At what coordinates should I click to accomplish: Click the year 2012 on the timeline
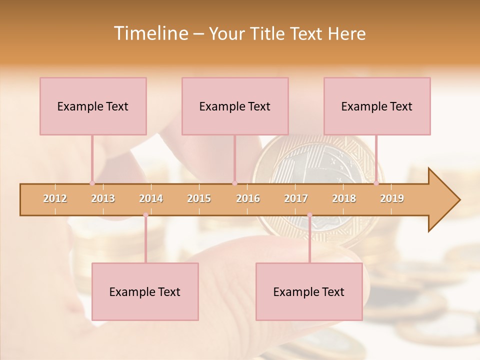(x=55, y=198)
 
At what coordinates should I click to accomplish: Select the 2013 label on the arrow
(x=103, y=198)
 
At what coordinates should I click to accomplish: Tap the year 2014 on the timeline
(x=151, y=198)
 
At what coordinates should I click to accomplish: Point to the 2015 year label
(x=199, y=198)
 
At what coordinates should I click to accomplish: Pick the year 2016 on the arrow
(x=248, y=198)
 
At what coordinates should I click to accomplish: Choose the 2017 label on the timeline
(x=296, y=198)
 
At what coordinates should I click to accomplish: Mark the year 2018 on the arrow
(x=344, y=198)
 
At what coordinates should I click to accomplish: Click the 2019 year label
(x=392, y=198)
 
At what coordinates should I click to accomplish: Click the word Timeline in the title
(x=150, y=33)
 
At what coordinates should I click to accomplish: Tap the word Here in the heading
(x=346, y=33)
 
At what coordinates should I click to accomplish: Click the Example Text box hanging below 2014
(x=145, y=291)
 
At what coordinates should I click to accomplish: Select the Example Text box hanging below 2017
(x=309, y=291)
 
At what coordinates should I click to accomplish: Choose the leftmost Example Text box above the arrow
(x=93, y=106)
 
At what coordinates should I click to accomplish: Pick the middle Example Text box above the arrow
(x=235, y=106)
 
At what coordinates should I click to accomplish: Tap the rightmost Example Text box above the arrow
(x=377, y=106)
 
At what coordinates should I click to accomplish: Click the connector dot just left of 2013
(x=92, y=183)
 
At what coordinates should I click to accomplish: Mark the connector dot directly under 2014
(x=145, y=215)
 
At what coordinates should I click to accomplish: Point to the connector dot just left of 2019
(x=376, y=183)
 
